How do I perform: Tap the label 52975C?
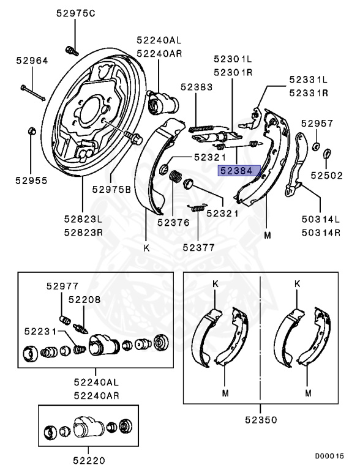[x=75, y=13]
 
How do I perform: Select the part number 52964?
[x=32, y=61]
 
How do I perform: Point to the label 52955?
[x=31, y=181]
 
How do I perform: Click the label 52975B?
[x=111, y=190]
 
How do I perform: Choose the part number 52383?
[x=197, y=87]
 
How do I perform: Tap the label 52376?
[x=174, y=222]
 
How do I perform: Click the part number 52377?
[x=199, y=247]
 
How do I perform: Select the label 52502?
[x=327, y=176]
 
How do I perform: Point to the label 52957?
[x=317, y=123]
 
